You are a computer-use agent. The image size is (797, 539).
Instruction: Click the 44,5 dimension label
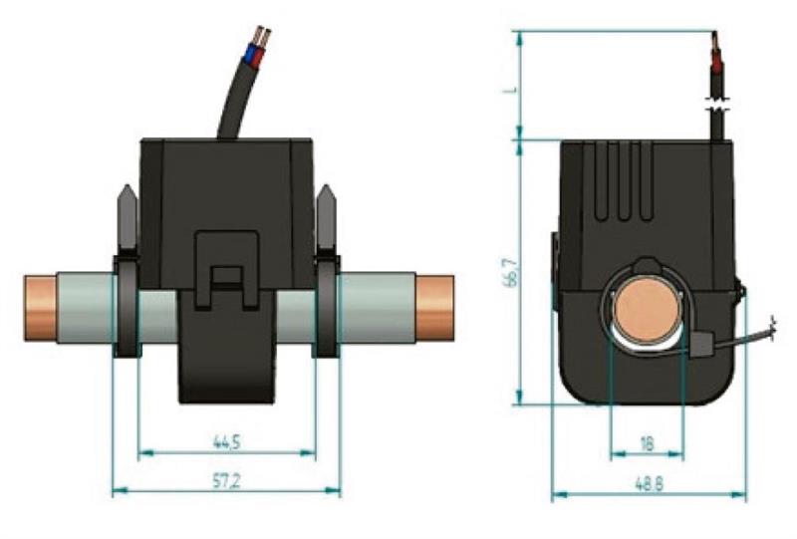pos(226,442)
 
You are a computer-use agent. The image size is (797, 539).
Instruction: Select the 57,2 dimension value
pos(226,481)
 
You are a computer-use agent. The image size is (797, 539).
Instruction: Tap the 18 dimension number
pos(647,444)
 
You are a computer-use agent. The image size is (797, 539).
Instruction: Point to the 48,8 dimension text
pos(650,483)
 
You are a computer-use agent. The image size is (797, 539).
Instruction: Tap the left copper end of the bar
pos(40,308)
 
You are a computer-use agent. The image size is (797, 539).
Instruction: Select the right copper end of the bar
pos(434,308)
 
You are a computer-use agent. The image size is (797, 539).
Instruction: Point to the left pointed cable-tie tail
pos(128,216)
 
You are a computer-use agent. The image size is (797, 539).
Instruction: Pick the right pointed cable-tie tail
pos(327,216)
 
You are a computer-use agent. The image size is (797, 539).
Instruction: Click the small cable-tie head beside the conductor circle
pos(701,343)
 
